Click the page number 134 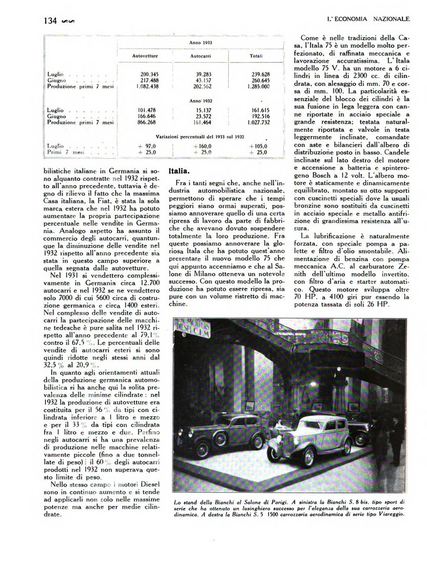pyautogui.click(x=51, y=20)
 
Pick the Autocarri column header pyautogui.click(x=200, y=56)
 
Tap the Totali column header pyautogui.click(x=255, y=56)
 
